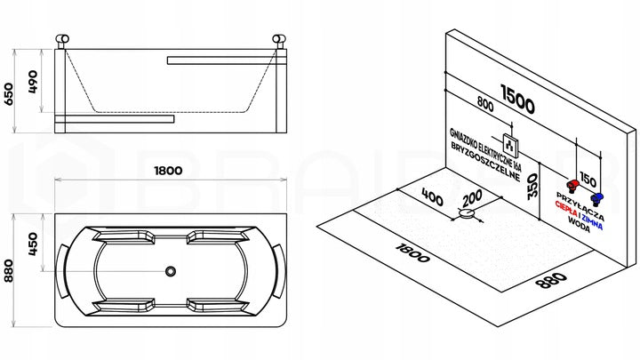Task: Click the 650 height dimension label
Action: point(9,94)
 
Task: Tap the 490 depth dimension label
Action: point(33,82)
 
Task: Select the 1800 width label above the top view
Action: point(168,170)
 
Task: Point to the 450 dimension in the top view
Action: point(33,244)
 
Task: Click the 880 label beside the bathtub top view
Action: point(9,270)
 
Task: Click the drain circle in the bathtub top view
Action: point(171,270)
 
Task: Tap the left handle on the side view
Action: point(62,40)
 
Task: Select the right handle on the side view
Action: point(279,40)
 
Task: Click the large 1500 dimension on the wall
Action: point(517,100)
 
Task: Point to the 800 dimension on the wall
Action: point(485,104)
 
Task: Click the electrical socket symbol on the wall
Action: point(510,145)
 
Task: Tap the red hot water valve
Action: point(573,186)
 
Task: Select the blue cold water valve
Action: point(596,199)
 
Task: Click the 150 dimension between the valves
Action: point(588,180)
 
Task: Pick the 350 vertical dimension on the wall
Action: point(532,186)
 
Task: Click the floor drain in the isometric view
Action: point(468,213)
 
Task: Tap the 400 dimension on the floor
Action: point(432,197)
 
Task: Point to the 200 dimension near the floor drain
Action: point(473,198)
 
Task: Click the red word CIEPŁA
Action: point(566,209)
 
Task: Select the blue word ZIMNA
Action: point(592,221)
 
